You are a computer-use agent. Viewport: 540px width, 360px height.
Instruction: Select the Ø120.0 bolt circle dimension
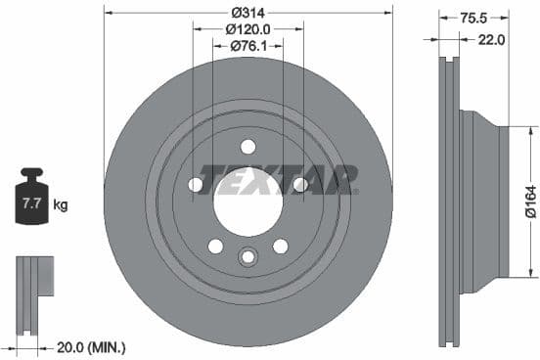[248, 29]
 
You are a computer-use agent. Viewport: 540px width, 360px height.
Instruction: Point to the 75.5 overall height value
[472, 17]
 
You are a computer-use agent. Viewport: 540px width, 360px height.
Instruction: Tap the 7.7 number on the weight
[31, 204]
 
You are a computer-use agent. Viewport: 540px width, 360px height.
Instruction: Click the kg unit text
[61, 205]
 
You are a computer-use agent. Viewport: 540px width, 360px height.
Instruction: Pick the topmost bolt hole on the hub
[247, 146]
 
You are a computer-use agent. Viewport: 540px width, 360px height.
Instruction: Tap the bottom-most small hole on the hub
[247, 256]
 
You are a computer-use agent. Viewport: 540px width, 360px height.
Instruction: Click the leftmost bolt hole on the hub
[196, 184]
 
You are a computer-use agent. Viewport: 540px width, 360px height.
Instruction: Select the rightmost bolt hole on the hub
[300, 184]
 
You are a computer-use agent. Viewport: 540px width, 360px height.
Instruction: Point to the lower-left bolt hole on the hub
[215, 246]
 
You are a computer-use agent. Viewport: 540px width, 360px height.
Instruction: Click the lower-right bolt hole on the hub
[281, 246]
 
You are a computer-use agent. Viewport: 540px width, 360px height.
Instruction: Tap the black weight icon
[31, 200]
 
